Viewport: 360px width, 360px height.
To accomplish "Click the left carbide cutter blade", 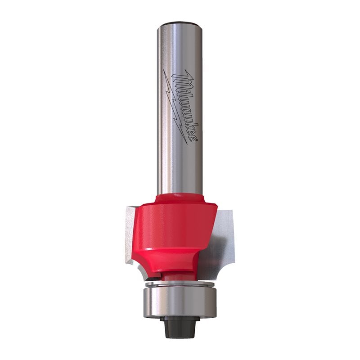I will click(x=131, y=234).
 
